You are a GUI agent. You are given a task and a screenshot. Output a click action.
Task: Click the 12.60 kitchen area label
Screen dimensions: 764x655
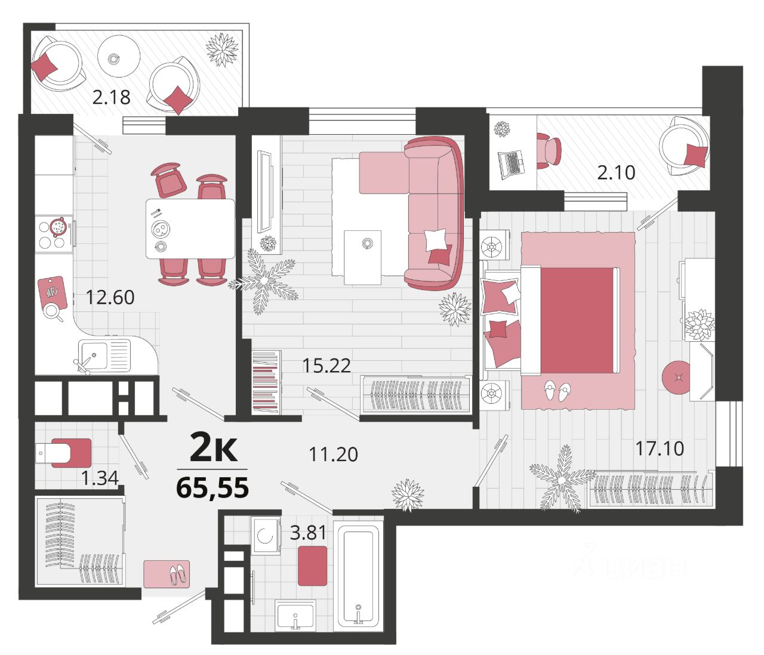pyautogui.click(x=110, y=298)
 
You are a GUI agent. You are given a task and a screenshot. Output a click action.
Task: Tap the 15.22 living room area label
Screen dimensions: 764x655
pyautogui.click(x=326, y=365)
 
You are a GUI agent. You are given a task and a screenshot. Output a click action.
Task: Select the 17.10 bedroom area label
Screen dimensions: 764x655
pyautogui.click(x=660, y=449)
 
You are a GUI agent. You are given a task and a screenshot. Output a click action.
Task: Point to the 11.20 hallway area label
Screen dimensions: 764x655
pyautogui.click(x=334, y=454)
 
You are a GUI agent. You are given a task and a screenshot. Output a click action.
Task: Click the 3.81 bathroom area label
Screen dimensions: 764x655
pyautogui.click(x=308, y=533)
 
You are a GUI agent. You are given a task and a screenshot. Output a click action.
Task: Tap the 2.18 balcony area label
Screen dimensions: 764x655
pyautogui.click(x=111, y=97)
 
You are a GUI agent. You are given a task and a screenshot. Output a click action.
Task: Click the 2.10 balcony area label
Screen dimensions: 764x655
pyautogui.click(x=616, y=172)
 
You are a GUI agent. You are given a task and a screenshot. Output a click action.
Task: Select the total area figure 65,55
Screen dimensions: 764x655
pyautogui.click(x=212, y=487)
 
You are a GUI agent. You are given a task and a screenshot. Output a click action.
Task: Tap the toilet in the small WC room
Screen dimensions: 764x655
pyautogui.click(x=64, y=453)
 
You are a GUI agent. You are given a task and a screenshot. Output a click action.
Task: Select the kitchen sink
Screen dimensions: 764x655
pyautogui.click(x=104, y=356)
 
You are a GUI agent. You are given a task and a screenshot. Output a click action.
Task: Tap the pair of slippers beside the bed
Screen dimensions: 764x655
pyautogui.click(x=557, y=391)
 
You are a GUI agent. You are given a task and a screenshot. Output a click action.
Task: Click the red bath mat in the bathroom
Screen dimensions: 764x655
pyautogui.click(x=312, y=566)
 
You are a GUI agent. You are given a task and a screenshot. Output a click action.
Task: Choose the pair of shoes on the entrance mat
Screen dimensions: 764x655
pyautogui.click(x=178, y=574)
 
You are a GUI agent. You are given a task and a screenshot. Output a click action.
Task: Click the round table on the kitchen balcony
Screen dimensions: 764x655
pyautogui.click(x=119, y=57)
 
